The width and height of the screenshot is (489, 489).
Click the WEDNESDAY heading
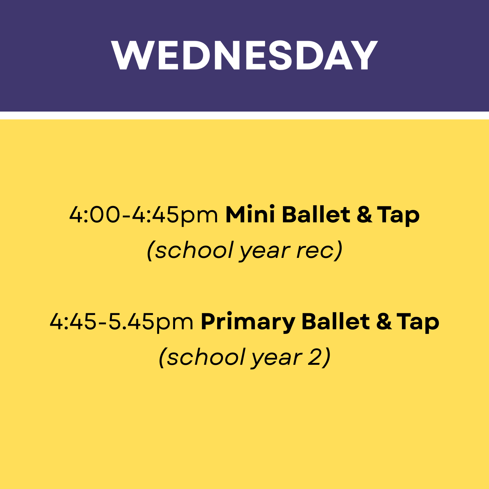[x=244, y=55]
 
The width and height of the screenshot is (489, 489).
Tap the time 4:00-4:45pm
[x=143, y=215]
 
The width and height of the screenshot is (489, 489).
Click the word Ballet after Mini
[x=316, y=215]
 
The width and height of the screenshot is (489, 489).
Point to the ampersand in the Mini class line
[x=364, y=215]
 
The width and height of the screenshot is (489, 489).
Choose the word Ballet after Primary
[x=335, y=321]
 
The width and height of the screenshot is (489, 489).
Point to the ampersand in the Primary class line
[x=384, y=321]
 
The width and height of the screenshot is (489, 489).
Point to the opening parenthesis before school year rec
[x=150, y=251]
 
